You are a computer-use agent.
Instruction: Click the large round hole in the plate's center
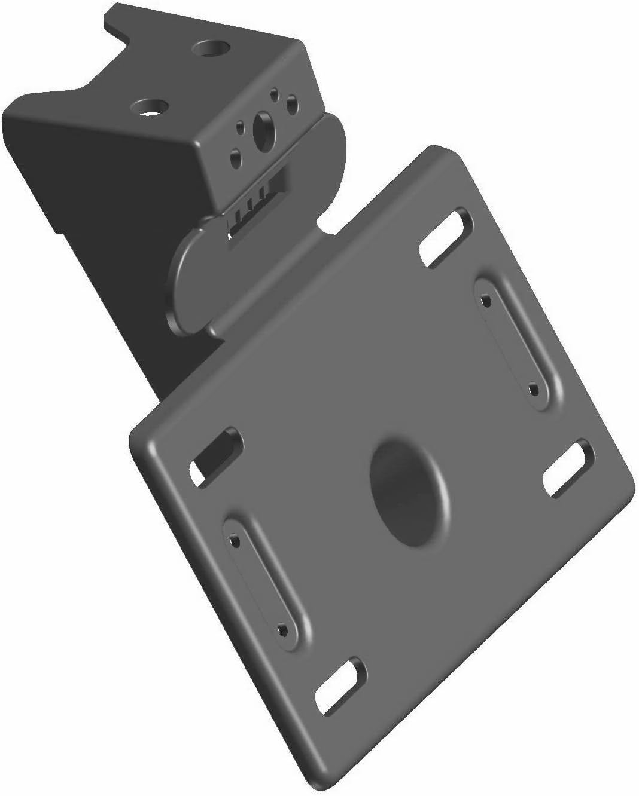[x=409, y=492]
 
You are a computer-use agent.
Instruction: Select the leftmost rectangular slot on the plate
[x=216, y=456]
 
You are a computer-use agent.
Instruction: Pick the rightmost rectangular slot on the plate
[x=566, y=469]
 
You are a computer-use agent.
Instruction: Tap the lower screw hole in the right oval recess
[x=534, y=390]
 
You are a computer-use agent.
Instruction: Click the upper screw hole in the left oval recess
[x=235, y=541]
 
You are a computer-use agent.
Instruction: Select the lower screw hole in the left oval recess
[x=282, y=629]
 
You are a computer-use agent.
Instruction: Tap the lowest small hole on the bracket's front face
[x=235, y=157]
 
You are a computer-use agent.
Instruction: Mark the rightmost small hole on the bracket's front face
[x=292, y=103]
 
